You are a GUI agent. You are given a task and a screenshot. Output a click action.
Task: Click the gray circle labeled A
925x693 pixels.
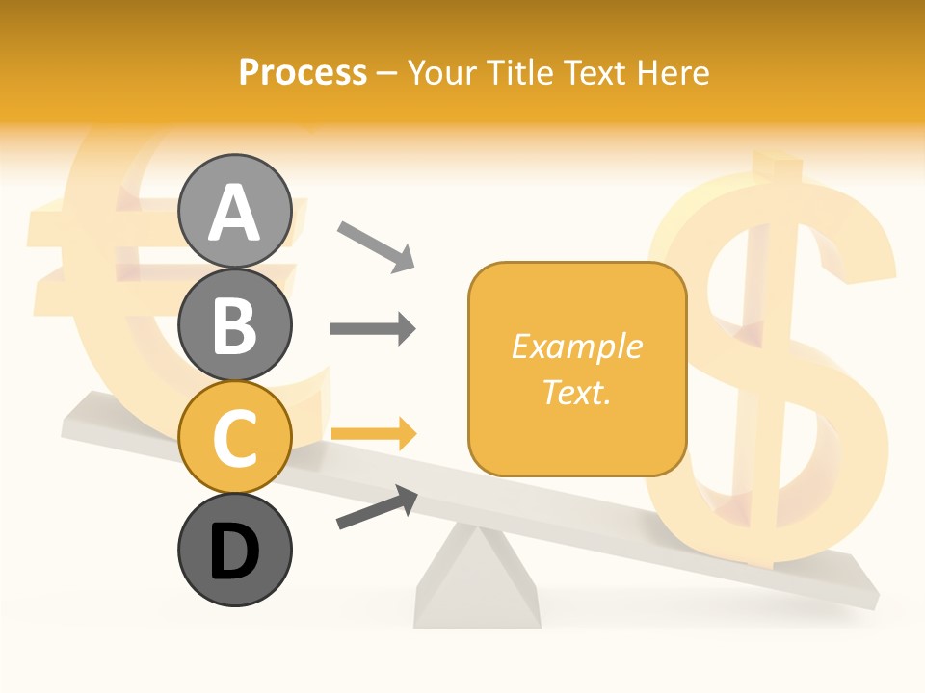click(234, 211)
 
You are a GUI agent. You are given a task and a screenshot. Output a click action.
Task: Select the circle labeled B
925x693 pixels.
click(234, 324)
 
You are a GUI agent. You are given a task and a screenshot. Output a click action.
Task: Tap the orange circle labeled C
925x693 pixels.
click(234, 437)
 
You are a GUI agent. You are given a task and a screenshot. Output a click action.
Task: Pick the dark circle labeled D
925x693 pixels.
click(234, 551)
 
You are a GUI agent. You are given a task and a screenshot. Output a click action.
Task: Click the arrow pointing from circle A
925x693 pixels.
click(376, 245)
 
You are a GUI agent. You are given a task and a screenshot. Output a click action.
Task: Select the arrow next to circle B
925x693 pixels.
click(373, 329)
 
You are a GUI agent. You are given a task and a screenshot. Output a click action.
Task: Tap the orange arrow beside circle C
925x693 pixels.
click(373, 433)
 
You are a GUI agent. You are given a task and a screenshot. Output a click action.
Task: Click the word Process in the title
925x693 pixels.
click(303, 73)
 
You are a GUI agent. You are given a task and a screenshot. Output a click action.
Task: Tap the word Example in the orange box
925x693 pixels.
click(576, 346)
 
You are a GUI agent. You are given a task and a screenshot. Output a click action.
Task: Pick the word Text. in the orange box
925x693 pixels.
click(576, 392)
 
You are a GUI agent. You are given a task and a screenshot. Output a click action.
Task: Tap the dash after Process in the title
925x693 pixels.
click(386, 74)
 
